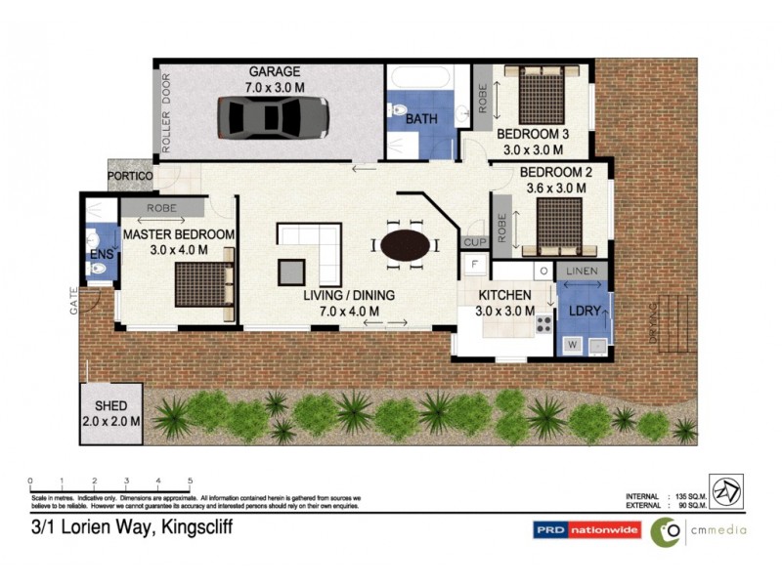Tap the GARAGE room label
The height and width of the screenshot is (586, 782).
[274, 71]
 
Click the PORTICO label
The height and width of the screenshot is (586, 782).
[130, 175]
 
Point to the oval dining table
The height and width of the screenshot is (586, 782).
[404, 245]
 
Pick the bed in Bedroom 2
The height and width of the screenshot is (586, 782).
[559, 227]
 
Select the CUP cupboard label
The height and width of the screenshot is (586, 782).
[474, 241]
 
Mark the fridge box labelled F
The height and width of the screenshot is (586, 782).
[474, 265]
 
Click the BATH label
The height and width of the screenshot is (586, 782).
[422, 119]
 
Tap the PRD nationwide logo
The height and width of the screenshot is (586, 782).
[586, 530]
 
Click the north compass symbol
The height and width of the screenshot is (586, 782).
[725, 491]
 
